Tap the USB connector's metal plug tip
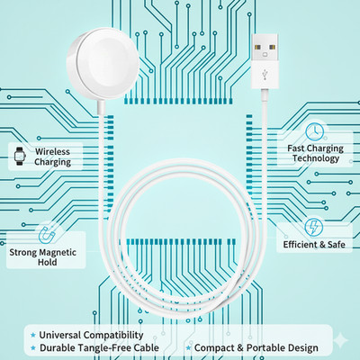[265, 46]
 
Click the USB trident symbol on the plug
[265, 75]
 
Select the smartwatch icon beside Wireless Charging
[20, 156]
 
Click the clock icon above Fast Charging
[315, 131]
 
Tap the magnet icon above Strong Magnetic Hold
[47, 235]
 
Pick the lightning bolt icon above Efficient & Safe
[314, 228]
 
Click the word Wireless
[52, 151]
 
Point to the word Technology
[316, 158]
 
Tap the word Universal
[60, 335]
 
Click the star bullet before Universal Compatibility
[33, 335]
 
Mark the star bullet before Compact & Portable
[188, 348]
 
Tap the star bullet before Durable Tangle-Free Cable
[33, 348]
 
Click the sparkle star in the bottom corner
[341, 341]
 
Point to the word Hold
[48, 262]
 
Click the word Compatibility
[113, 335]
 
